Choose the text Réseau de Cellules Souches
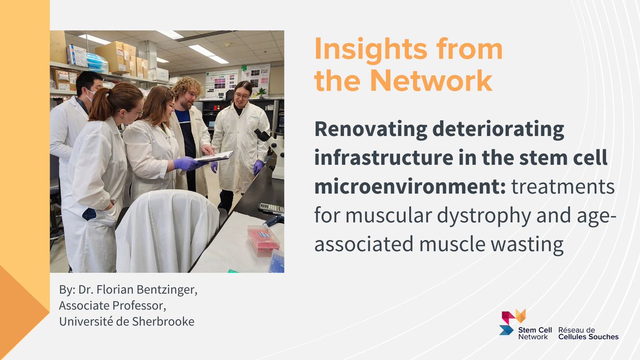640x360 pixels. coord(588,333)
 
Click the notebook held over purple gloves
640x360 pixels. coord(214,156)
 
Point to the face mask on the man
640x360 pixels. coord(90,96)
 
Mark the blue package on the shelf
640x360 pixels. coord(97,63)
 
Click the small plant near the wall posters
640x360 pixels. coord(261,92)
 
